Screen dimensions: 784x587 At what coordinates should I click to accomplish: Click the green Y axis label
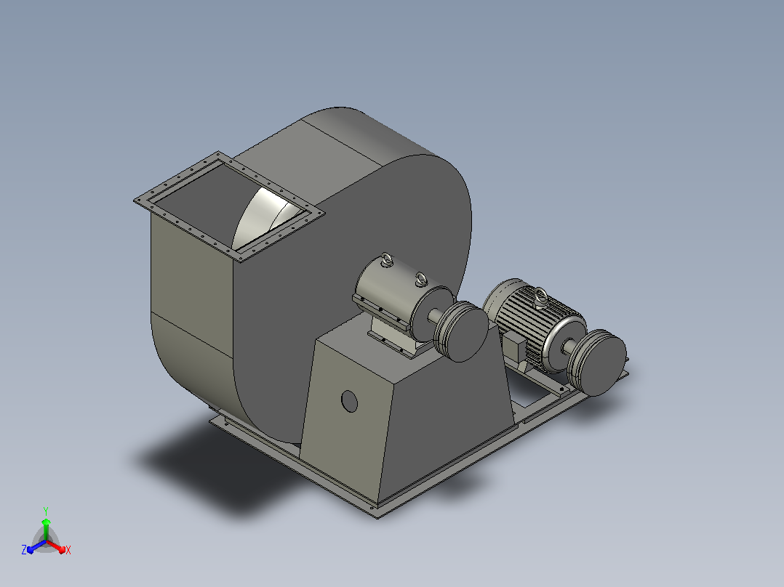click(x=46, y=511)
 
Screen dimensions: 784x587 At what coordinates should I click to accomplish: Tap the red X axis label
click(x=68, y=550)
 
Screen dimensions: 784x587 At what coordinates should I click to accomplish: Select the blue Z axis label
click(x=24, y=549)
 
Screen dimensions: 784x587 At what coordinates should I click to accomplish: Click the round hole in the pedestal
click(x=350, y=401)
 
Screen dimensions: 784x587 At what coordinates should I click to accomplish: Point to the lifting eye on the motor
click(x=540, y=296)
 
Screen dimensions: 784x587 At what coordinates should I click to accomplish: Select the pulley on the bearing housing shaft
click(x=460, y=331)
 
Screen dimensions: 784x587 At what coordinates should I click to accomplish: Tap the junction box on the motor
click(x=515, y=345)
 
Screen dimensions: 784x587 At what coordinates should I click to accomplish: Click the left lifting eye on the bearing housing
click(x=387, y=260)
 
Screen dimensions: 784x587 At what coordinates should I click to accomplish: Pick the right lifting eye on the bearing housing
click(x=422, y=279)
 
